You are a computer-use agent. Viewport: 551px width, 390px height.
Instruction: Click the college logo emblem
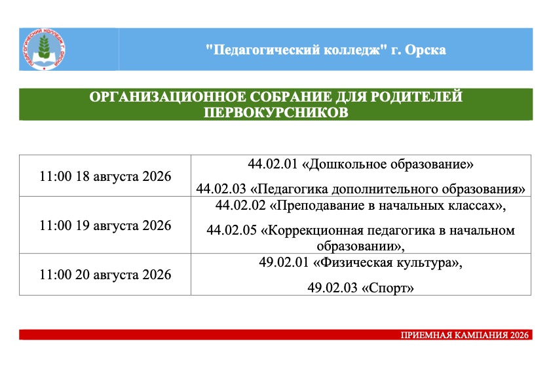tap(44, 49)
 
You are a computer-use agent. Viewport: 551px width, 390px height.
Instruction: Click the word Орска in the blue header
tap(425, 50)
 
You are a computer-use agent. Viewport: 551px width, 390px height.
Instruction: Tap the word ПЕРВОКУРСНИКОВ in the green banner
tap(276, 113)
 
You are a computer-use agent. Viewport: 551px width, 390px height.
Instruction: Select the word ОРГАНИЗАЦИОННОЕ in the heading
tap(170, 97)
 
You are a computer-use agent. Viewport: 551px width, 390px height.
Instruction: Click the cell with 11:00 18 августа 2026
tap(105, 176)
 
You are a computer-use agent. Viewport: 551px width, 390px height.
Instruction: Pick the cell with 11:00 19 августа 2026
tap(105, 225)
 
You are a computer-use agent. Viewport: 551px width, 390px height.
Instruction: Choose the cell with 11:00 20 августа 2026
tap(105, 274)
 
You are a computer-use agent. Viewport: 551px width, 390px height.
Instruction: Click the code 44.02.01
tap(273, 165)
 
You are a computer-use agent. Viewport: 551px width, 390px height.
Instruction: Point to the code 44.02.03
tap(221, 189)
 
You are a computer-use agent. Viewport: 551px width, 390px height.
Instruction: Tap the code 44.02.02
tap(240, 205)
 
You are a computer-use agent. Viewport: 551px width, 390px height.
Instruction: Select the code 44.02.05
tap(231, 230)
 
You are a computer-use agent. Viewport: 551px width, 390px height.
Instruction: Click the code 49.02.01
tap(284, 262)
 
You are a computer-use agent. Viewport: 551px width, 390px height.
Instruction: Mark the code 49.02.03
tap(332, 288)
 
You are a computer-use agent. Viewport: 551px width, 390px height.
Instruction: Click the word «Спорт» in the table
tap(388, 288)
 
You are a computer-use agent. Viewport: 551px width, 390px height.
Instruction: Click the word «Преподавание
tap(317, 206)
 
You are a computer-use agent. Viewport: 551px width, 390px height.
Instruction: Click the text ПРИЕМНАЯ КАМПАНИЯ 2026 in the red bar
tap(465, 335)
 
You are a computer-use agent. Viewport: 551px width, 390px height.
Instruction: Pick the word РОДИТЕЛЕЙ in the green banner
tap(417, 97)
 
